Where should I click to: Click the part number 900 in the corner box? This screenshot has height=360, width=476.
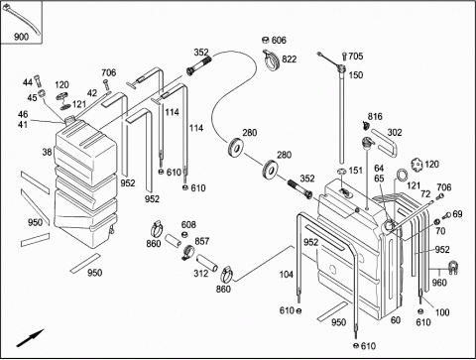(21, 37)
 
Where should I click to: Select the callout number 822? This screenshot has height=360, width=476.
(289, 60)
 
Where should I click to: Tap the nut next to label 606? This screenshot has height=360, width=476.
(266, 40)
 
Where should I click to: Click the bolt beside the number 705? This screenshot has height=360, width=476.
(345, 57)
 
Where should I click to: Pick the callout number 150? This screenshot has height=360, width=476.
(356, 75)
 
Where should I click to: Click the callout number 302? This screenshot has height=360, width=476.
(395, 133)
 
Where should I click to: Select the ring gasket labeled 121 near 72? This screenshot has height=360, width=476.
(402, 175)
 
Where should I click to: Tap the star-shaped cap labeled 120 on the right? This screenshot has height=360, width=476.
(417, 165)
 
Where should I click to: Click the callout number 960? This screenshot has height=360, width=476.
(439, 283)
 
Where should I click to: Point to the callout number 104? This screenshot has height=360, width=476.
(287, 275)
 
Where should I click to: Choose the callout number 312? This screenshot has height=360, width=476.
(201, 274)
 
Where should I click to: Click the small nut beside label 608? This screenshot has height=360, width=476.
(185, 234)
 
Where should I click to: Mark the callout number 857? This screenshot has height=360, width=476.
(201, 241)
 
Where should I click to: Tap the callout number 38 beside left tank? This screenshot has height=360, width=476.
(47, 152)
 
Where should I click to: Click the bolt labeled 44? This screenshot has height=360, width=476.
(38, 79)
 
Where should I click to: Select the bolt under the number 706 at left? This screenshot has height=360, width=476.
(106, 83)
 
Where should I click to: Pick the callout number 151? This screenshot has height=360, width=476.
(356, 171)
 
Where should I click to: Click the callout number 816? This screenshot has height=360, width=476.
(375, 116)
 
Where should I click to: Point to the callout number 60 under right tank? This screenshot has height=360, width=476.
(396, 320)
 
